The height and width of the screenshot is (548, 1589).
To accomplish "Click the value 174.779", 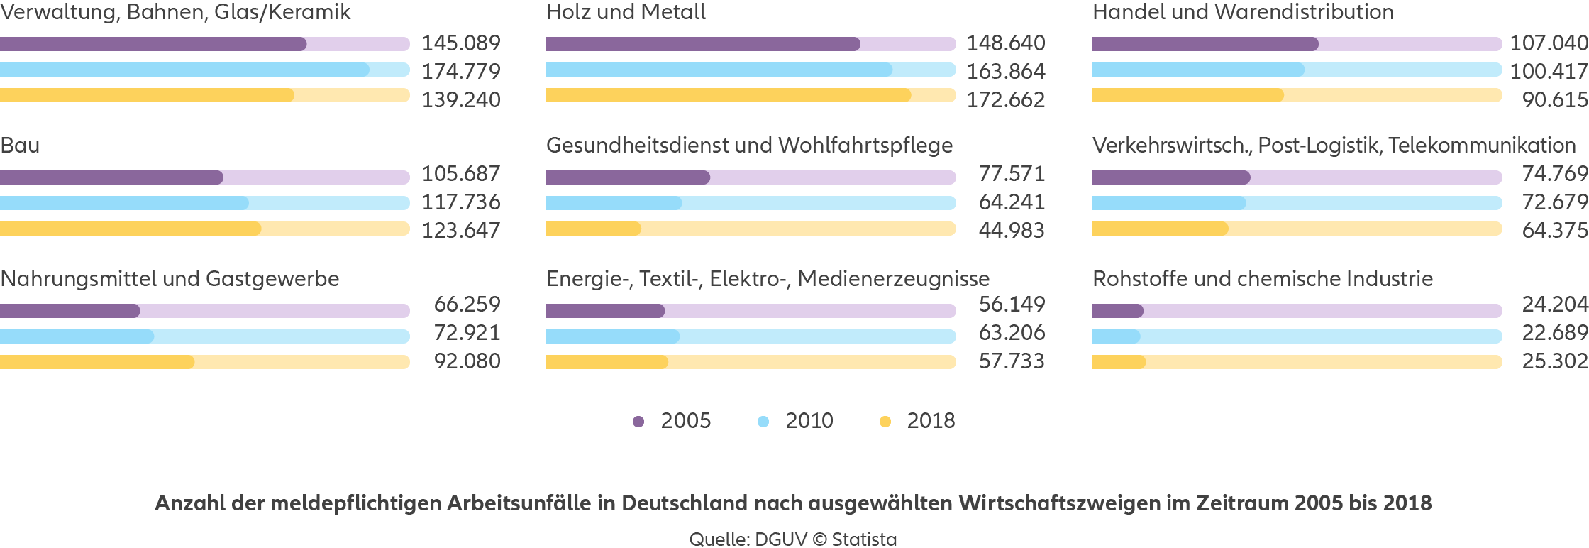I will tap(461, 71).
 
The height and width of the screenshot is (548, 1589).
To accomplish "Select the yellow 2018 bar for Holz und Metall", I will tap(728, 95).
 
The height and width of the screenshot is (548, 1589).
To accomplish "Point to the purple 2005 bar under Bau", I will tap(111, 177).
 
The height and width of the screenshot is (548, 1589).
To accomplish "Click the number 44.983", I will tap(1012, 230).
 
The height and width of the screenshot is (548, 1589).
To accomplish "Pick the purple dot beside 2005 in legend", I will tap(638, 422).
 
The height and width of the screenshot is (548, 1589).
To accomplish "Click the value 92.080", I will tap(467, 361).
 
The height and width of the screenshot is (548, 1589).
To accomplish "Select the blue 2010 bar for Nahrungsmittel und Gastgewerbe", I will tap(77, 336).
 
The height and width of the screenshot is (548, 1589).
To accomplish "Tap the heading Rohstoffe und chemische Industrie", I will tap(1263, 278).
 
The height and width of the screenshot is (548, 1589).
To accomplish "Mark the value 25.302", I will tap(1554, 361).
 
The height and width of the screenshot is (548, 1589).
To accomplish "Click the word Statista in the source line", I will tap(864, 539).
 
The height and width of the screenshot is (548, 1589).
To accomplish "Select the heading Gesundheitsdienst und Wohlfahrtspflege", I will tap(749, 146).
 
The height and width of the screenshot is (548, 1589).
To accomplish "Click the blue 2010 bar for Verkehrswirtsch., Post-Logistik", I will tap(1168, 203).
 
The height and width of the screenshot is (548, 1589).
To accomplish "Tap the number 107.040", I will tap(1549, 43).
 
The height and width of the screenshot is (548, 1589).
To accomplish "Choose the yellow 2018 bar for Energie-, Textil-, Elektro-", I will tap(607, 362).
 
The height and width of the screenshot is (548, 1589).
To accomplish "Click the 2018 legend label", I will tap(931, 421).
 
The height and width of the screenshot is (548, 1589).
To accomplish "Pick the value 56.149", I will tap(1012, 305).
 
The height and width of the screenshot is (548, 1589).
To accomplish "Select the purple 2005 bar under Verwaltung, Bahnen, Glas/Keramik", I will tap(153, 44).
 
